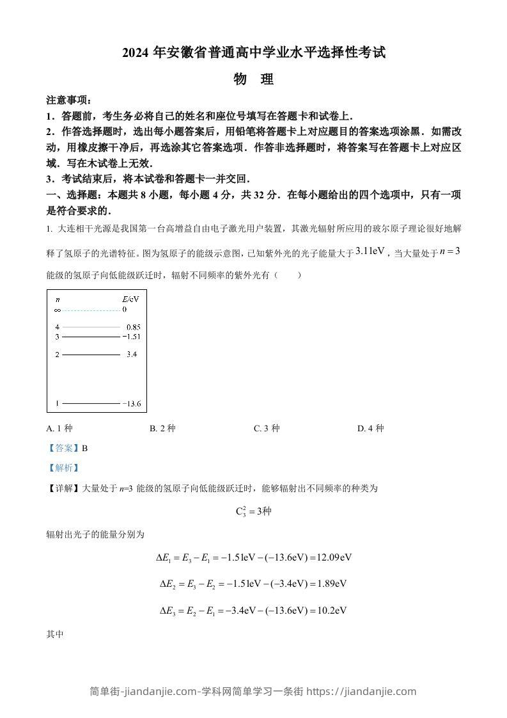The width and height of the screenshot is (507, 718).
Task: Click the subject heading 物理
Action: point(254,79)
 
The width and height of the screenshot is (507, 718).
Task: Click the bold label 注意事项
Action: point(68,100)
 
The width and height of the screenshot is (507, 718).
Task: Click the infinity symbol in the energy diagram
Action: point(58,310)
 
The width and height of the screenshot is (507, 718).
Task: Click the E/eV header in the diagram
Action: point(130,299)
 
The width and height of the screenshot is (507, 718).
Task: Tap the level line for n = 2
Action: point(90,354)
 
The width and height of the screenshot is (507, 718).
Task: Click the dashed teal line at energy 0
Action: point(90,310)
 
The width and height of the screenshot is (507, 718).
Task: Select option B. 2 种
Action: point(162,429)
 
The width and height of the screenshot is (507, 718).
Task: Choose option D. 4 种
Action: point(370,429)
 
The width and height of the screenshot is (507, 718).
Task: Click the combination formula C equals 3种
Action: point(254,511)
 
